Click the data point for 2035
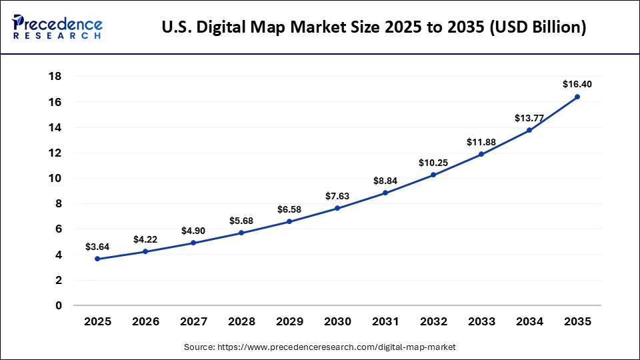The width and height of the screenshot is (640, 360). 577,97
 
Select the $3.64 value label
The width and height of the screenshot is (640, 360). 97,247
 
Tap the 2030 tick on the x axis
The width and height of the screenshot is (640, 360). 337,321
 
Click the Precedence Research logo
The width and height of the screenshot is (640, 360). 57,27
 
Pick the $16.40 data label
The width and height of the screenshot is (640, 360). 577,84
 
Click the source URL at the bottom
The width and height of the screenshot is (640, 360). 319,347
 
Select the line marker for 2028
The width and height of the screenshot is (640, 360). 241,233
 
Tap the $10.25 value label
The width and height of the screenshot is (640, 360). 433,163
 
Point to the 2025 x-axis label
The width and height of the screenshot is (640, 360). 97,321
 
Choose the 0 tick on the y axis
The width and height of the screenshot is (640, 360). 59,305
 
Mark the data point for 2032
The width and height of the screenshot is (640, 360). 433,175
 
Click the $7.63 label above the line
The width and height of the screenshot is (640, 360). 337,196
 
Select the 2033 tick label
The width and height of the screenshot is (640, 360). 481,321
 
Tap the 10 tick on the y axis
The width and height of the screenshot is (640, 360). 55,178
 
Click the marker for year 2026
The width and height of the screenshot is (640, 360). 145,251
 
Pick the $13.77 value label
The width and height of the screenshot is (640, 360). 529,118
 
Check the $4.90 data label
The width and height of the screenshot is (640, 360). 193,231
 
